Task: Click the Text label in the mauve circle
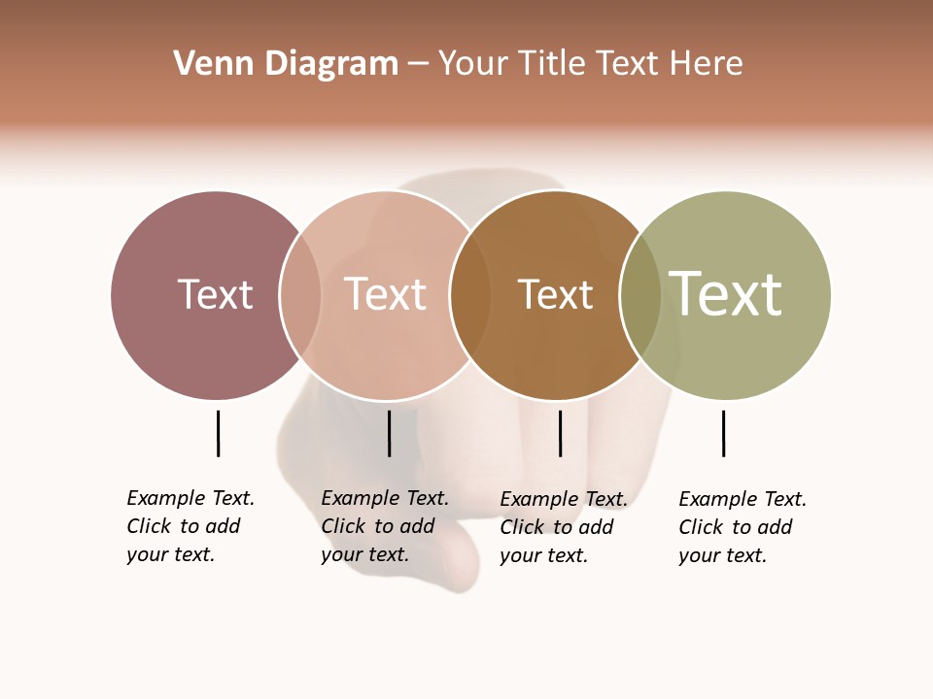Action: pyautogui.click(x=215, y=294)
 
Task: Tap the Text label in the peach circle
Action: pyautogui.click(x=385, y=294)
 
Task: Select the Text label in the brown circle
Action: pyautogui.click(x=555, y=294)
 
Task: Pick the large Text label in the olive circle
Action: pyautogui.click(x=726, y=294)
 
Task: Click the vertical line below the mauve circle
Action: pyautogui.click(x=218, y=433)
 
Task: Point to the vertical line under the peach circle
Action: pyautogui.click(x=389, y=433)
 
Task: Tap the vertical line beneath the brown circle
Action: pyautogui.click(x=560, y=433)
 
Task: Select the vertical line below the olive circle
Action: pyautogui.click(x=723, y=433)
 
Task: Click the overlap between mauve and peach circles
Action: pyautogui.click(x=300, y=294)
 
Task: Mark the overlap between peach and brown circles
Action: pyautogui.click(x=470, y=294)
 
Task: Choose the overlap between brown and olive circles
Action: pyautogui.click(x=640, y=294)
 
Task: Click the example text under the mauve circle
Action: pyautogui.click(x=190, y=526)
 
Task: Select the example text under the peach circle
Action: pyautogui.click(x=385, y=526)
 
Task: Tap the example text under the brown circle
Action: pyautogui.click(x=564, y=527)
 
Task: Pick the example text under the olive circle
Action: pyautogui.click(x=743, y=527)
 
